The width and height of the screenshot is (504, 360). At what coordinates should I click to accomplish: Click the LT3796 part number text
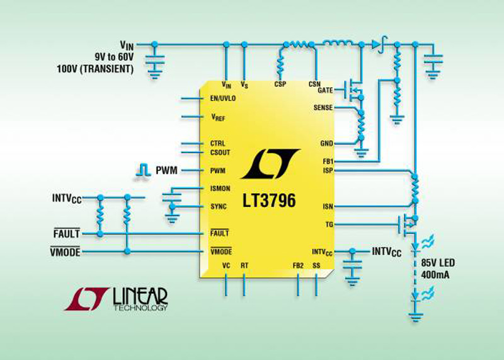269,200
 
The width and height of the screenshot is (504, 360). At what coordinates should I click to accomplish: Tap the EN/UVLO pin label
223,98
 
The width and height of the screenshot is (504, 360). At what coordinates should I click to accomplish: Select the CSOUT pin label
220,153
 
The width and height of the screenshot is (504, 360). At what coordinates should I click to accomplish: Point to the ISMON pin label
220,189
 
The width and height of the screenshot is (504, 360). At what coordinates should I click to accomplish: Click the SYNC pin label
218,207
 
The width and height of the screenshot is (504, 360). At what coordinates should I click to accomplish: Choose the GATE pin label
325,90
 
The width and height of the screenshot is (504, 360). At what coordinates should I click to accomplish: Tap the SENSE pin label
323,108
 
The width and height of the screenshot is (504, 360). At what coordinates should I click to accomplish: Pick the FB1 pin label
328,161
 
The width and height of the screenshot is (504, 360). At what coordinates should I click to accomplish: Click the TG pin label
329,224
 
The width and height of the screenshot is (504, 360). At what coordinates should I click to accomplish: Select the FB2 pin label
298,265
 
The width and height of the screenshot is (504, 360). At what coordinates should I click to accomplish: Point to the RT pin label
244,265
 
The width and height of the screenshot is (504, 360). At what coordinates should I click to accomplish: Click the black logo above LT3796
270,164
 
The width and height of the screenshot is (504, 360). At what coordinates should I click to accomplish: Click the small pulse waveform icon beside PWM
144,170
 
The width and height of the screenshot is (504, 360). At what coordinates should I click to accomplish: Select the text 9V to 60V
114,57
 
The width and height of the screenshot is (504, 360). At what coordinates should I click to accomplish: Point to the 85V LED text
438,263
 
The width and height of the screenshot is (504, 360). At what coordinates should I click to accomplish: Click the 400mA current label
435,275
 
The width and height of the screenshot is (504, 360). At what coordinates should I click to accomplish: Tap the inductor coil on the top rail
337,43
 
